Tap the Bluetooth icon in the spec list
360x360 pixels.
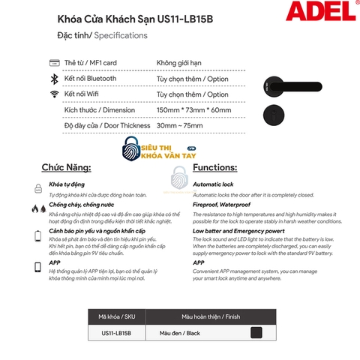[54, 78]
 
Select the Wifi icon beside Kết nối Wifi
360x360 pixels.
[54, 94]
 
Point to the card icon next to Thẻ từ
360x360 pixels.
[54, 62]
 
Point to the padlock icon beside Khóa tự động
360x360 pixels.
[37, 187]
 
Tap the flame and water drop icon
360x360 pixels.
[37, 210]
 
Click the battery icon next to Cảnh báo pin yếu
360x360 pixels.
[37, 237]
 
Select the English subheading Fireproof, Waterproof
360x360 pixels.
[223, 203]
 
